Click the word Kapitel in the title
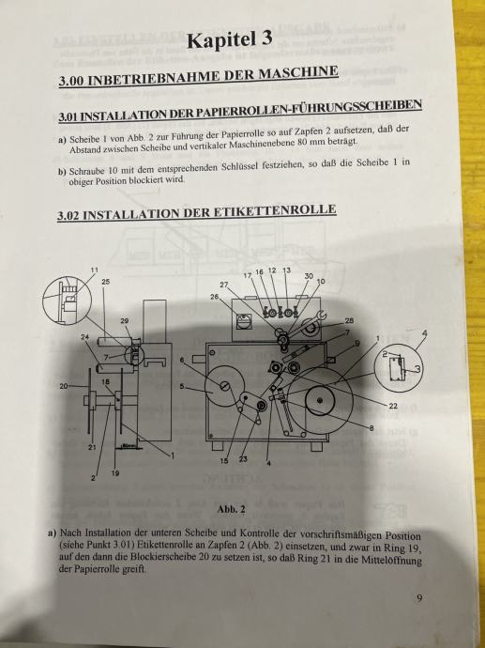click(221, 40)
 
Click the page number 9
click(419, 598)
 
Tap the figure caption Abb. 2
click(232, 510)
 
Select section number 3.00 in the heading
click(71, 80)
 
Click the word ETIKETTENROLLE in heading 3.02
click(275, 210)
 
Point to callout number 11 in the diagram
click(95, 270)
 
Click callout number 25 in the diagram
click(106, 282)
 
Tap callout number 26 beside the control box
click(215, 297)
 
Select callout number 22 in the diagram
click(393, 407)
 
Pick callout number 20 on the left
click(64, 386)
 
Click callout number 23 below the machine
click(243, 458)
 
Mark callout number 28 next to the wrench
click(349, 320)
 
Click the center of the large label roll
click(320, 400)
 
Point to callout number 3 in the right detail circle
click(417, 369)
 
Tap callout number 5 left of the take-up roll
click(182, 387)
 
